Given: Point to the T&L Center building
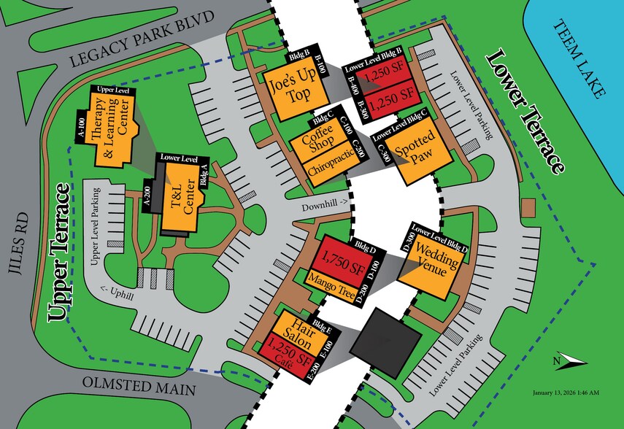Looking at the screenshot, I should [x=180, y=198].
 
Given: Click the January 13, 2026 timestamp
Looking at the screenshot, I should [x=567, y=393].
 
